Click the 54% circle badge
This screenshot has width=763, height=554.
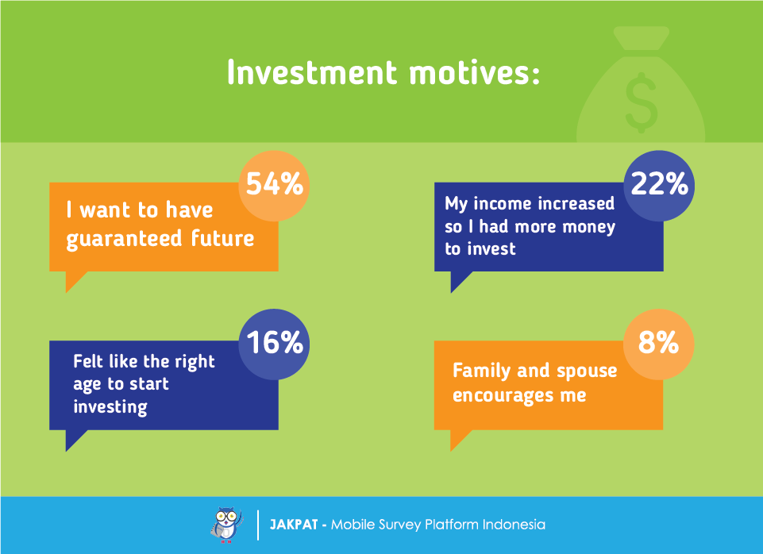point(274,186)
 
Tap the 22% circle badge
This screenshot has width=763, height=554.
point(659,186)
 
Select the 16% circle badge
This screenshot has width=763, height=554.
point(274,344)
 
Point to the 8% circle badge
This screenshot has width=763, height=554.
point(658,344)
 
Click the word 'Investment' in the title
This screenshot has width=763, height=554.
point(312,72)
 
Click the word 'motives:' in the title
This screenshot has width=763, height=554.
point(475,72)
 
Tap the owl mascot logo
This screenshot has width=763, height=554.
point(226,525)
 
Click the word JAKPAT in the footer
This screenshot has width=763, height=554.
point(294,525)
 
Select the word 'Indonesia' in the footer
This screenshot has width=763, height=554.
point(514,525)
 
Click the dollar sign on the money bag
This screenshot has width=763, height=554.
point(642,102)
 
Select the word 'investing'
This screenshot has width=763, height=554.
point(110,407)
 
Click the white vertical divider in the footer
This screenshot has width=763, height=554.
point(258,525)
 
